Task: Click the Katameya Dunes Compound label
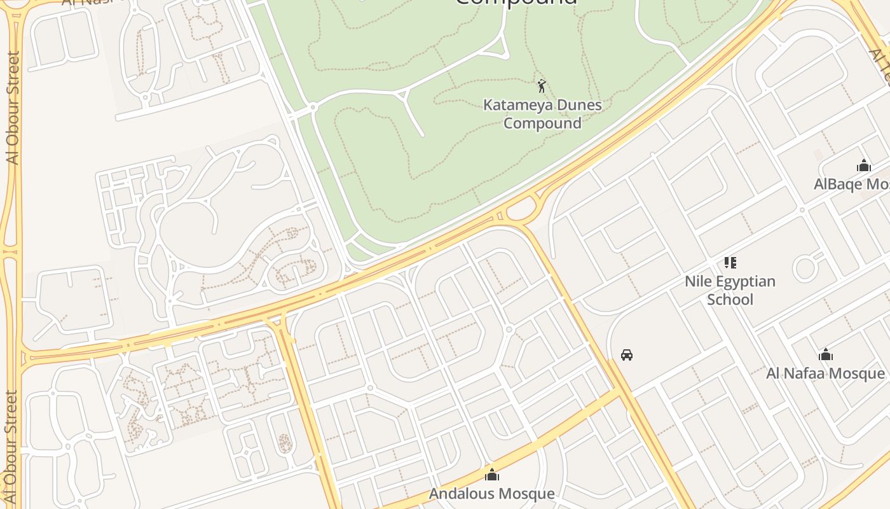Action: (x=542, y=114)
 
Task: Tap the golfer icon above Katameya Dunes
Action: (x=542, y=86)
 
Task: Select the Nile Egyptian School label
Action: (x=730, y=290)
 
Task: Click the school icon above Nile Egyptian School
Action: (x=730, y=262)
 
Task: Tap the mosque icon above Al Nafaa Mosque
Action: (x=825, y=354)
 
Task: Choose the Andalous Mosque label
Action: (x=491, y=493)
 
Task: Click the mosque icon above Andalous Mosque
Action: (x=491, y=475)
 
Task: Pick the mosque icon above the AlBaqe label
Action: (x=863, y=166)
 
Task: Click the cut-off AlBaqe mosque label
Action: (x=851, y=184)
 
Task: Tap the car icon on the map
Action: (x=627, y=354)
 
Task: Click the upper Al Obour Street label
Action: (x=13, y=108)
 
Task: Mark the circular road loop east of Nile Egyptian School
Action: (x=805, y=268)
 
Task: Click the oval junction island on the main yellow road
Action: (x=521, y=209)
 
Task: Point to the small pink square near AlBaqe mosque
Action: (x=818, y=155)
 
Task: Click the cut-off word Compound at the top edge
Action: (x=516, y=3)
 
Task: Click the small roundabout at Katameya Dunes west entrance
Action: (x=313, y=108)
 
